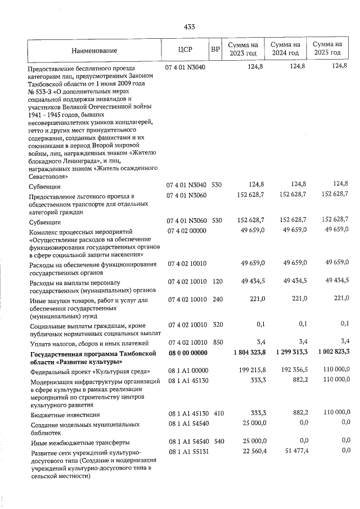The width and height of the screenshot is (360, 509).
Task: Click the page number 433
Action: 189,26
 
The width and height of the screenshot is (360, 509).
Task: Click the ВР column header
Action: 215,49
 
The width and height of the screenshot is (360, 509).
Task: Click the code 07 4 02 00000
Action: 187,231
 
